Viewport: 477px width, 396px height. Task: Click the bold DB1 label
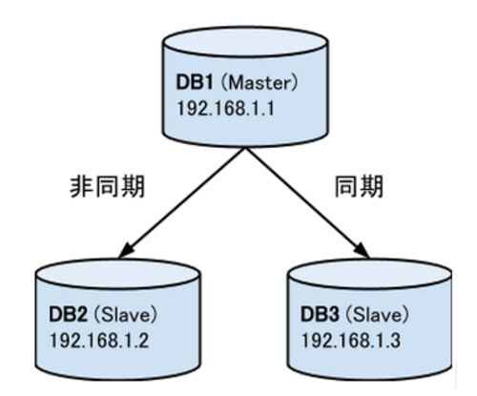point(195,82)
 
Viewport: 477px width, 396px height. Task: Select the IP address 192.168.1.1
point(225,108)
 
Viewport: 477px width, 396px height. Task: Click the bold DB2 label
point(68,314)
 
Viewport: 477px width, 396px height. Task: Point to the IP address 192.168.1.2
point(99,340)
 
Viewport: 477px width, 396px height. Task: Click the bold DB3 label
point(320,314)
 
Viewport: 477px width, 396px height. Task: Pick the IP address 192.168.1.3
point(351,340)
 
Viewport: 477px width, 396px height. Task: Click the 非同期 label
point(108,186)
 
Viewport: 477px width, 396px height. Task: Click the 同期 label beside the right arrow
point(359,186)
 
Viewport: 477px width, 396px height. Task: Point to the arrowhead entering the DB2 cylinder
point(126,250)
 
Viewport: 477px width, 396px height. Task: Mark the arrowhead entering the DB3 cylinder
point(363,250)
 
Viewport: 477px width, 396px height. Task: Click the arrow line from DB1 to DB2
point(182,202)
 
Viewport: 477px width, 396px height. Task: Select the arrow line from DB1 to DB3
point(307,202)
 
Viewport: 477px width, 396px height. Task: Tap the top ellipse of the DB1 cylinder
point(245,42)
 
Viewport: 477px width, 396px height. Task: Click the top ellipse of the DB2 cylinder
point(117,274)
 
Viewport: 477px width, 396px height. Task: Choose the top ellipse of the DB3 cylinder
point(369,274)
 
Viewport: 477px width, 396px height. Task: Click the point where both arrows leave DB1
point(245,148)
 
